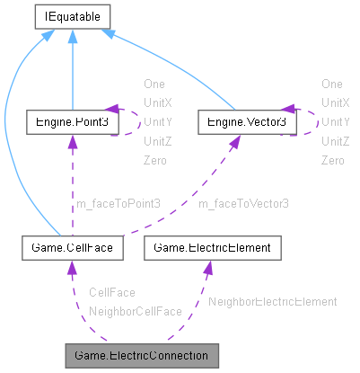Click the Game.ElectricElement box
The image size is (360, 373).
point(214,244)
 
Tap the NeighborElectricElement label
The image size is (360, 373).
point(272,301)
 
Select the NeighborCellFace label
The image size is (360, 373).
point(135,311)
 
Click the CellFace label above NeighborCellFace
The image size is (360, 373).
point(112,293)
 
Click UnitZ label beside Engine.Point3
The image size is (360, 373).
point(156,141)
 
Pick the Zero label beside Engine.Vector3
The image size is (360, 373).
point(333,160)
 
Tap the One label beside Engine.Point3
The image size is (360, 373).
point(154,83)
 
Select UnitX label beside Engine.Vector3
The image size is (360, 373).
point(335,102)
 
